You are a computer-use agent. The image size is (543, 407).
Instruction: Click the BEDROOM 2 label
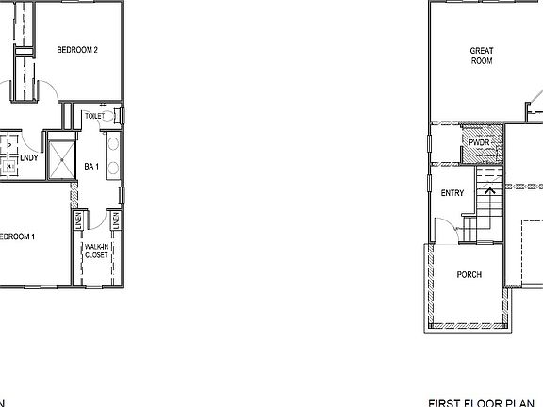coord(78,49)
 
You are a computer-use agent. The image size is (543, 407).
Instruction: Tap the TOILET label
coord(94,116)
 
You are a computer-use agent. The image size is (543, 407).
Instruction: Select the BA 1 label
coord(91,167)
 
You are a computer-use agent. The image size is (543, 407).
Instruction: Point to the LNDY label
coord(28,157)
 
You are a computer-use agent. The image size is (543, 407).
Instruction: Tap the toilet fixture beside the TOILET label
coord(116,116)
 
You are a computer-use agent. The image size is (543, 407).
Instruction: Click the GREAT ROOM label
coord(482,56)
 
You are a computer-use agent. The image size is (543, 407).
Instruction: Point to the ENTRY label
coord(452,193)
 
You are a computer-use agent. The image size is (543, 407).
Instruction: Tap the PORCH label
coord(469,275)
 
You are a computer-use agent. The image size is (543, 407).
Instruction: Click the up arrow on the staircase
coord(490,197)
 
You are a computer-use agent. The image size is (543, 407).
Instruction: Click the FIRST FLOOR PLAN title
coord(485,401)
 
